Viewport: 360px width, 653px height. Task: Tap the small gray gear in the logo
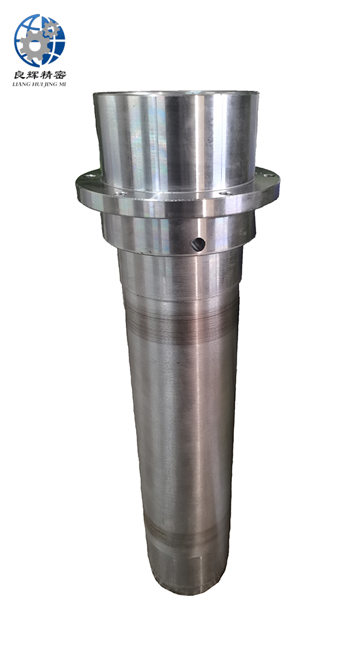coord(51,29)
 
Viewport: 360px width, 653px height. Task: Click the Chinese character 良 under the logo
coord(20,74)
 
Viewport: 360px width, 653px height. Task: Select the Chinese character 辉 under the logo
coord(33,74)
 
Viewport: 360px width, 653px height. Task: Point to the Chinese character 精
coord(46,74)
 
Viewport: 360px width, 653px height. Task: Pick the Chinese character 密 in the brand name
coord(59,74)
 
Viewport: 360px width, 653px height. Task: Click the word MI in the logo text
coord(62,84)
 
